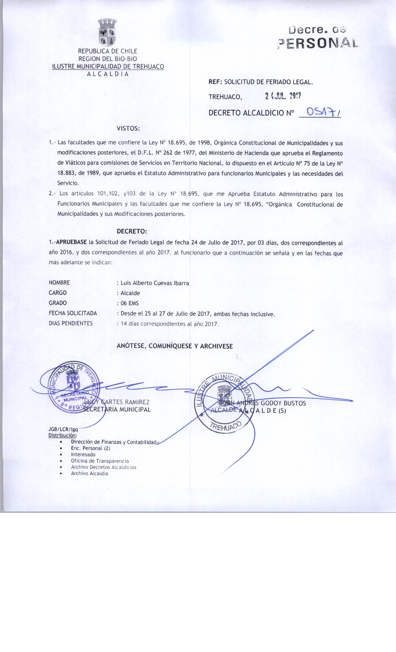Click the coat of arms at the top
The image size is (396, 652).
(x=107, y=33)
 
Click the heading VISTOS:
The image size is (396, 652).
(x=129, y=128)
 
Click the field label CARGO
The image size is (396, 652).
(x=58, y=293)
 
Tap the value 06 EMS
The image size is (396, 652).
(x=129, y=303)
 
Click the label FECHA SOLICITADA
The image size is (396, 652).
(x=73, y=314)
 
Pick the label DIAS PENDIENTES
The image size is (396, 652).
(x=71, y=324)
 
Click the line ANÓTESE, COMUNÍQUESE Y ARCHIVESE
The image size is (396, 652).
(x=175, y=346)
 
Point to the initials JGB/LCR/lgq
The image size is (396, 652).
(x=63, y=429)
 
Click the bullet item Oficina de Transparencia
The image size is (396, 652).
(x=100, y=461)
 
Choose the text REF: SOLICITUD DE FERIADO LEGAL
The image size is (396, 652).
(x=261, y=82)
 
